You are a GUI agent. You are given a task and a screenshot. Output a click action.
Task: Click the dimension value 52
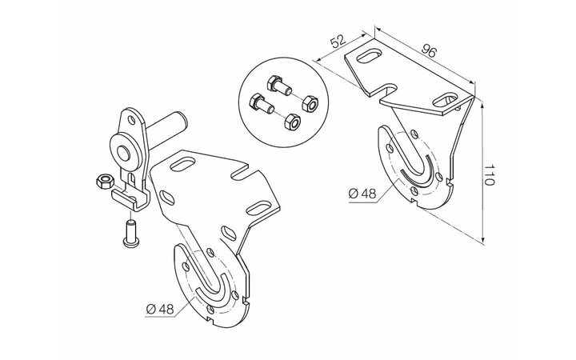point(338,41)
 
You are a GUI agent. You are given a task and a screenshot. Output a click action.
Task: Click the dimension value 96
point(428,50)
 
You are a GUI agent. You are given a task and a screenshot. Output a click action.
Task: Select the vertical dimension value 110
point(489,175)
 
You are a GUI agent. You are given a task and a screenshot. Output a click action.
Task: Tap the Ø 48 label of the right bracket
point(362,194)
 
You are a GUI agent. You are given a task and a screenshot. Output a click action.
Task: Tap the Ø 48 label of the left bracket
point(160,309)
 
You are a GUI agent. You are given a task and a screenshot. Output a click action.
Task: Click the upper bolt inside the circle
point(279,86)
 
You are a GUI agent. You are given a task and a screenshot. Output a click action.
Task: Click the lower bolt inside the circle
point(261,103)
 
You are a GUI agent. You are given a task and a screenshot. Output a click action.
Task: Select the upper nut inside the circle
point(310,103)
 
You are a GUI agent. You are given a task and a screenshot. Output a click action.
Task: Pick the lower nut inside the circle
point(293,122)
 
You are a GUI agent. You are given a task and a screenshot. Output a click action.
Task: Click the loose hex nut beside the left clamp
point(104,182)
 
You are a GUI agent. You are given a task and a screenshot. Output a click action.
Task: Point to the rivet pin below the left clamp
point(130,233)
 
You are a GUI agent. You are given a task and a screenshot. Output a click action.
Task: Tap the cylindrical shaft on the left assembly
point(167,130)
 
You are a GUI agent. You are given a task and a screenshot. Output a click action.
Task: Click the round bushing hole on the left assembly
point(123,153)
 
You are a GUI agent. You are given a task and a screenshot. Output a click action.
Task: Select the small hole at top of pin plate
point(131,120)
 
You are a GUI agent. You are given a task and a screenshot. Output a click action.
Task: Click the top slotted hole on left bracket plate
point(183,164)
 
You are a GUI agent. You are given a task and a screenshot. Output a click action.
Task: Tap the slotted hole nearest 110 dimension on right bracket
point(446,100)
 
